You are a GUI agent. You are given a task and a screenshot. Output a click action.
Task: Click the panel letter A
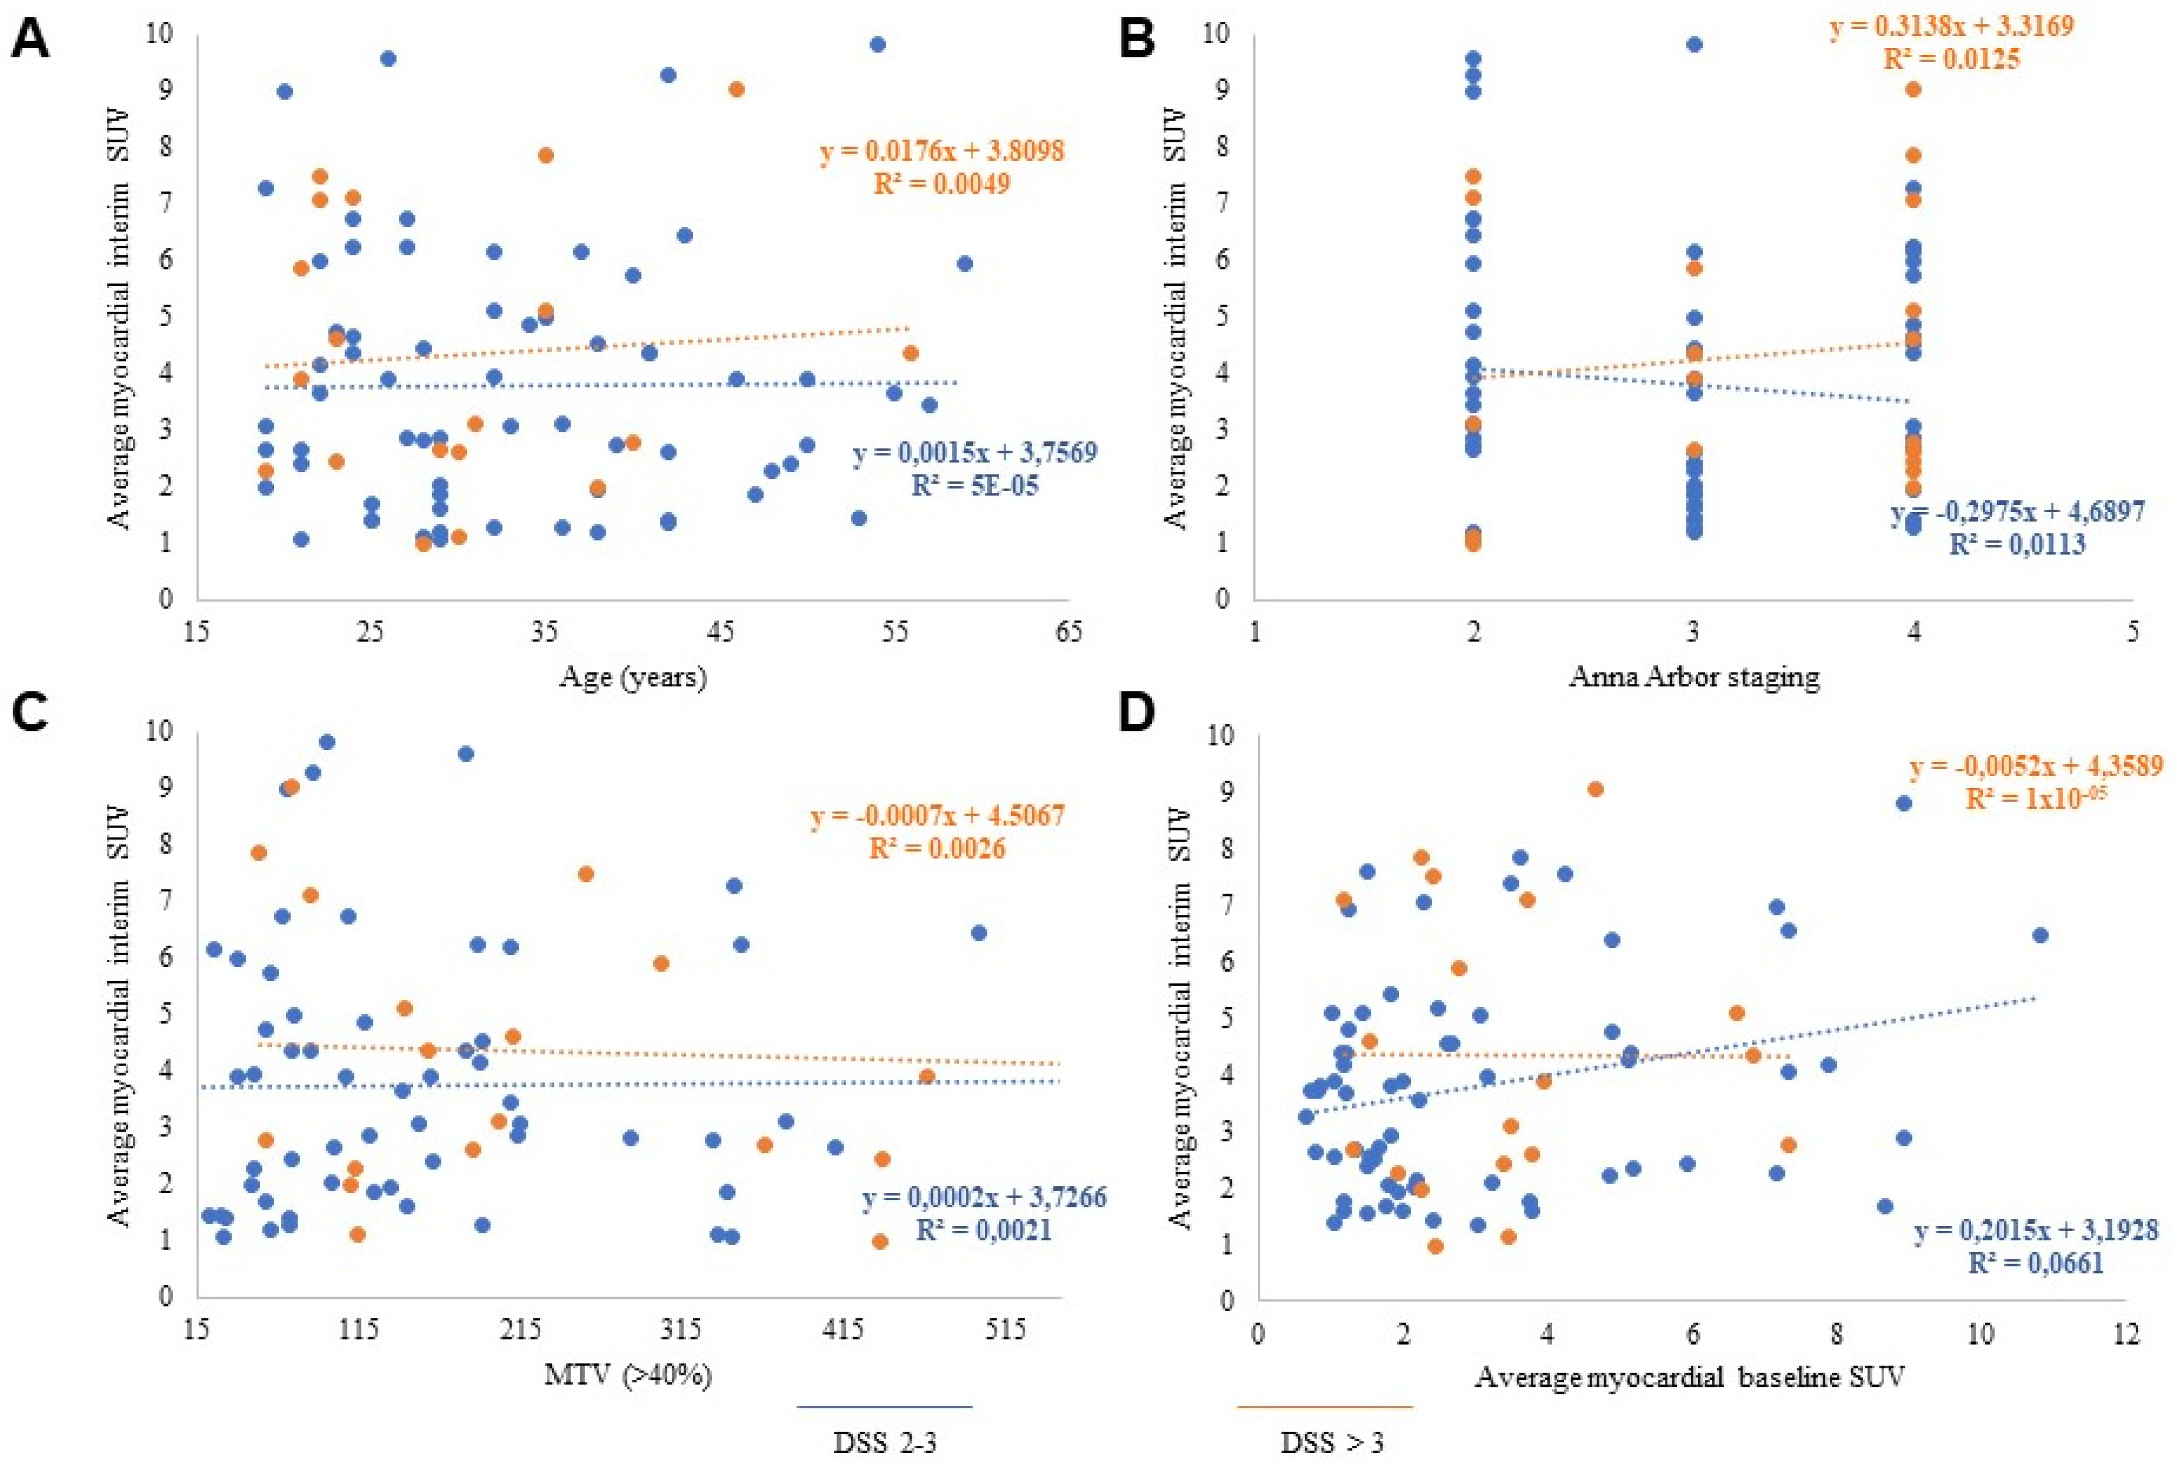[x=30, y=42]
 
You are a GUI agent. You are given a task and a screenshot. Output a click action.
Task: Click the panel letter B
[x=1137, y=42]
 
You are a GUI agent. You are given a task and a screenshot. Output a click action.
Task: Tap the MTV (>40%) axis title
[x=629, y=1374]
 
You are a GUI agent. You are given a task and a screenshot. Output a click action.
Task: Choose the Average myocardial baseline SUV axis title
[x=1690, y=1377]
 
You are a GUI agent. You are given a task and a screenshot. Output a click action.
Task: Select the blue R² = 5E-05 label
[x=974, y=486]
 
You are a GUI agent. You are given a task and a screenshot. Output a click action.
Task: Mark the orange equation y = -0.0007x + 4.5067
[x=937, y=815]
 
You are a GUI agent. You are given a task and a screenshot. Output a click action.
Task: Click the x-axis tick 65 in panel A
[x=1069, y=633]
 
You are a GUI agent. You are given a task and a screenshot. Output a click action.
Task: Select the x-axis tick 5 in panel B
[x=2133, y=633]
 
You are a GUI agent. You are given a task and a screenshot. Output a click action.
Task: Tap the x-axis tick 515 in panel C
[x=1006, y=1328]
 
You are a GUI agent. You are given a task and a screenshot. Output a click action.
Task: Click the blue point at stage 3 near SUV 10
[x=1694, y=45]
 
